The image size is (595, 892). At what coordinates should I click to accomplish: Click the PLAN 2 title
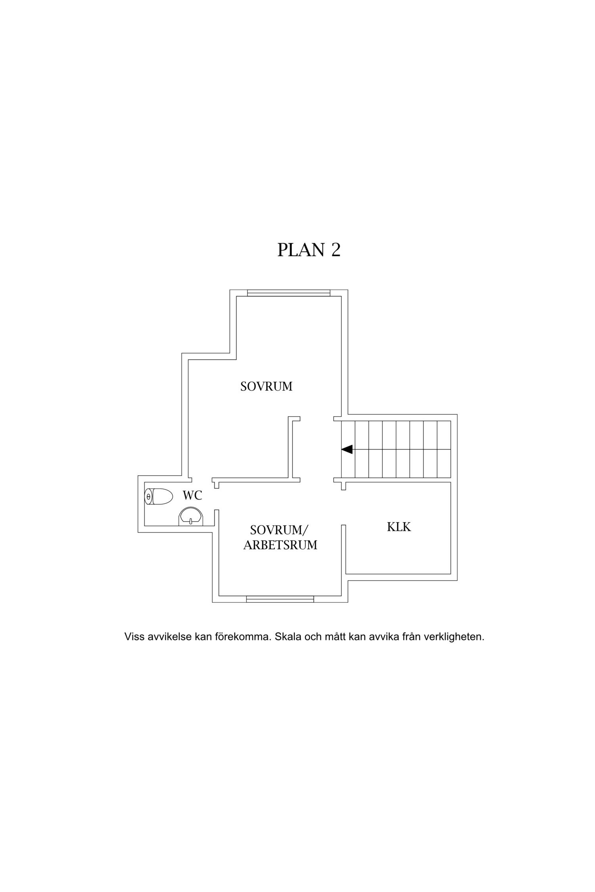pos(309,250)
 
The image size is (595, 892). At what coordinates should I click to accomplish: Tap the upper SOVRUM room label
pos(266,386)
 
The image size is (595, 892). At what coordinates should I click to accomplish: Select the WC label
pos(192,495)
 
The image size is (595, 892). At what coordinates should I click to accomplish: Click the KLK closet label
pos(399,527)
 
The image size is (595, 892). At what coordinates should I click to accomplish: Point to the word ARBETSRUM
pos(280,545)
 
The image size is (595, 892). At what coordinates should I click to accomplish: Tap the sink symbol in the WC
pos(191,516)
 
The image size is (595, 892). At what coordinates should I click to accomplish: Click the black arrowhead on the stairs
pos(347,449)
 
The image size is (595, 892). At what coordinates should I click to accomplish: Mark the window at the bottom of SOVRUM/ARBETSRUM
pos(280,599)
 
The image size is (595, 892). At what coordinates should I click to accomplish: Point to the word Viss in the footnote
pos(134,637)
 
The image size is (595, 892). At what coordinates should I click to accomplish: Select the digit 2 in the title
pos(336,250)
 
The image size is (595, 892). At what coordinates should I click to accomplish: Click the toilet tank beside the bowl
pos(148,496)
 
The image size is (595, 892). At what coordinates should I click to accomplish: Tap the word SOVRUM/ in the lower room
pos(279,530)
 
